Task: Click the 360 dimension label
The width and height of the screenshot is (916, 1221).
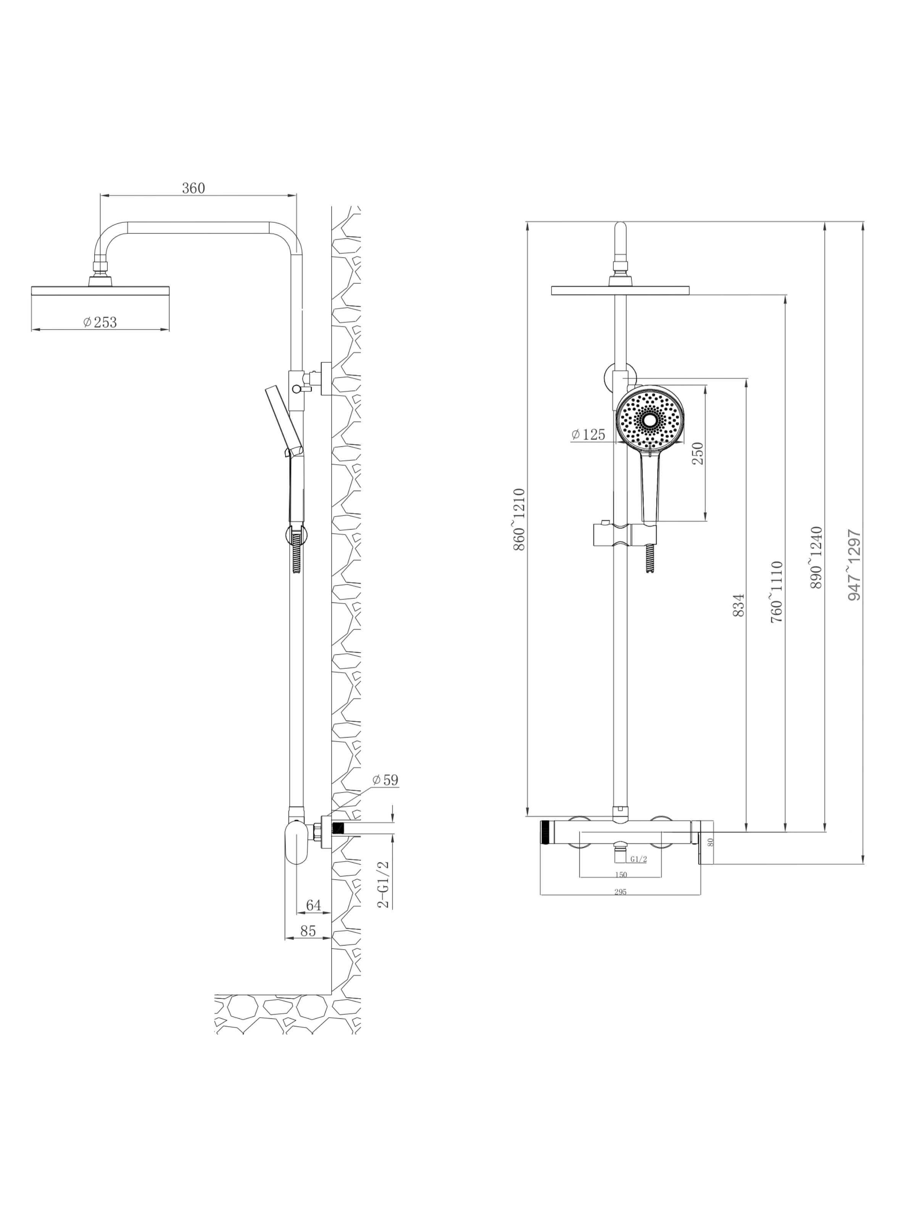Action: click(193, 188)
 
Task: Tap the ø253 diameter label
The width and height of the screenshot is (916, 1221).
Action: click(100, 322)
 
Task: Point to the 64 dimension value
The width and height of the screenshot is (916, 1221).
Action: click(313, 905)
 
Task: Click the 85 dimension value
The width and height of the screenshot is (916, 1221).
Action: click(308, 931)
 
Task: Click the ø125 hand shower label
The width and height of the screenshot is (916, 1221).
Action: click(589, 435)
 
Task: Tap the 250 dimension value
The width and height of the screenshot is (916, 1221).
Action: click(698, 453)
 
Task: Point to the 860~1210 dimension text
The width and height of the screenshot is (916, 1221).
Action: click(519, 519)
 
